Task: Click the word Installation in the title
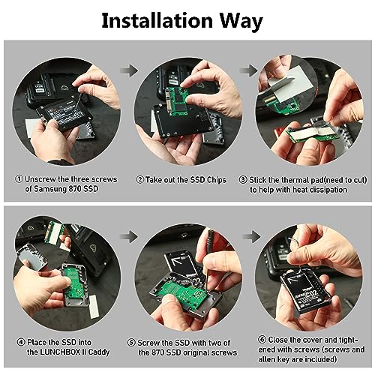click(157, 20)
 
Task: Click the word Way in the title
click(241, 22)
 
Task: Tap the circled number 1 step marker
click(19, 179)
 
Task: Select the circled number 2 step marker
click(140, 179)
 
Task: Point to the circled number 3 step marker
click(243, 180)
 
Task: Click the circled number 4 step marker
click(21, 342)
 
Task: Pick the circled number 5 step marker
click(131, 343)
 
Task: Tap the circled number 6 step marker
click(262, 340)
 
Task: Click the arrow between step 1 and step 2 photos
click(129, 70)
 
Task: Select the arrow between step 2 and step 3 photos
click(249, 70)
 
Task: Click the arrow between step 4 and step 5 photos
click(129, 236)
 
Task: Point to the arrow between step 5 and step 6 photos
click(252, 236)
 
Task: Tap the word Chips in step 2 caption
click(217, 180)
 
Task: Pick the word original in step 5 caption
click(196, 352)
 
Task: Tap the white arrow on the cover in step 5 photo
click(178, 262)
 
